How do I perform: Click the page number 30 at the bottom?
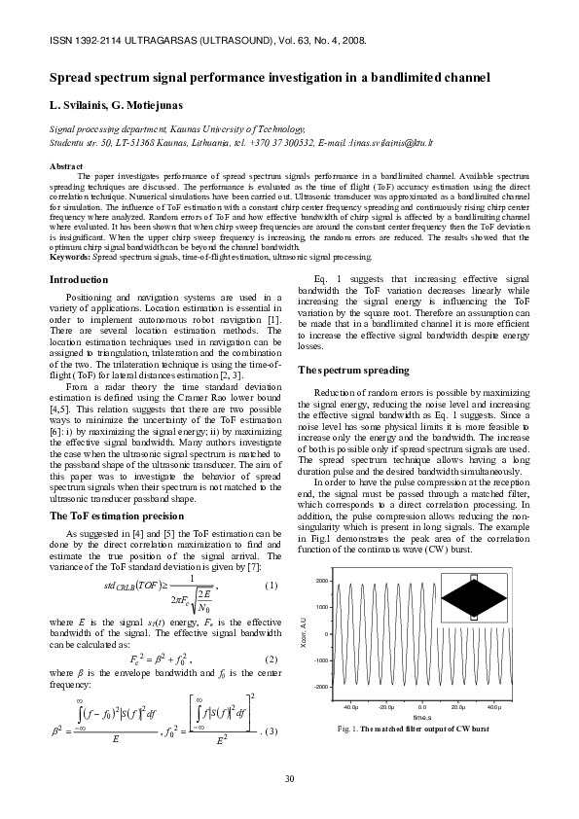(289, 778)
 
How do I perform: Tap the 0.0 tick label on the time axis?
(422, 708)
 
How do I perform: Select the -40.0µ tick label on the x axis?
(350, 708)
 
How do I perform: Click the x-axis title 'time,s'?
(422, 718)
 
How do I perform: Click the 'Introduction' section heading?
(79, 280)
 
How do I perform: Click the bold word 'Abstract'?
(66, 167)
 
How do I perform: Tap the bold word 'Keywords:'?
(70, 257)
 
